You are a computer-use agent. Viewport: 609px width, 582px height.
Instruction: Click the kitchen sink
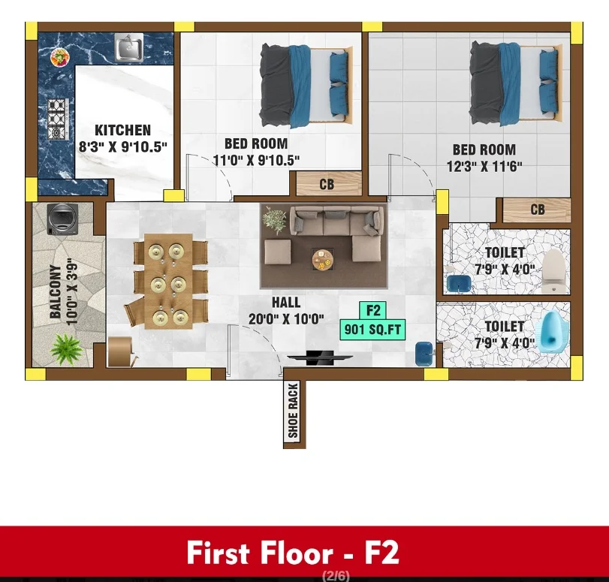click(x=129, y=47)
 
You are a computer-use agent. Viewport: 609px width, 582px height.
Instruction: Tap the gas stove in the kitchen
click(x=58, y=119)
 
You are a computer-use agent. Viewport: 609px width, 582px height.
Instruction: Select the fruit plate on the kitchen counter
click(x=60, y=58)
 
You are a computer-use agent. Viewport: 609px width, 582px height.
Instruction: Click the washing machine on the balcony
click(x=62, y=219)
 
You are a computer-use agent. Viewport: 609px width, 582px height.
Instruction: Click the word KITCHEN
click(x=122, y=130)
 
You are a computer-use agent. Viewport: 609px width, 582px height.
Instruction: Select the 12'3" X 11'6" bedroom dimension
click(x=484, y=167)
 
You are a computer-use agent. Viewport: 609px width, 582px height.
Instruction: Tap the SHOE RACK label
click(x=294, y=410)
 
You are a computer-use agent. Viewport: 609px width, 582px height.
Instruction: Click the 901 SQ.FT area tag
click(x=372, y=330)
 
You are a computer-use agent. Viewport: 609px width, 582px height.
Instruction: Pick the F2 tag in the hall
click(x=373, y=310)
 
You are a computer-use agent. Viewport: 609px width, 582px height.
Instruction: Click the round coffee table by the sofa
click(x=322, y=259)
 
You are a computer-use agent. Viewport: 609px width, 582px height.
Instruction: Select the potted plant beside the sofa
click(x=275, y=220)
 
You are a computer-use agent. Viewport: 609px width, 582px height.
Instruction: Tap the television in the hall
click(x=320, y=357)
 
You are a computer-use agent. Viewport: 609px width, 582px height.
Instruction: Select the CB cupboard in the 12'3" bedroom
click(x=537, y=210)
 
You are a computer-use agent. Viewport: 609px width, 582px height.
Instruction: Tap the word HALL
click(x=286, y=303)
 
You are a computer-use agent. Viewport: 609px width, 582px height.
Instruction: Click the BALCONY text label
click(x=56, y=291)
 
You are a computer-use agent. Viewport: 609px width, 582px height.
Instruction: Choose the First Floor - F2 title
click(x=292, y=552)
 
